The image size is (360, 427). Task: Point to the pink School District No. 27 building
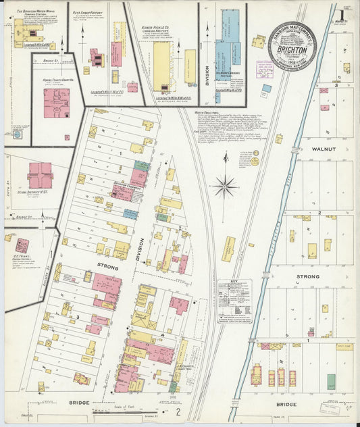coord(41,176)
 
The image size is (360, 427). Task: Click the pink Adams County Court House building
coord(57,103)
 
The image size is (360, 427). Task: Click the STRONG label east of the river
coord(307,277)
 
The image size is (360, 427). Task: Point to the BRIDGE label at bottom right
coord(286,405)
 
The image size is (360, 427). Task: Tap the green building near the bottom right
coord(331,380)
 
